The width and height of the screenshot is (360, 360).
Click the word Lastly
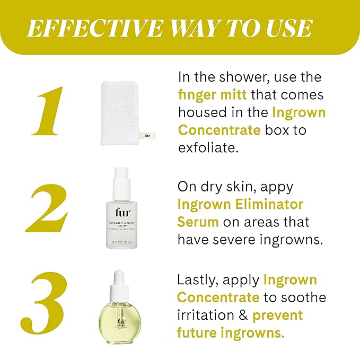(x=196, y=280)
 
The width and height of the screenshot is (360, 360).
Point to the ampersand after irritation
(x=241, y=315)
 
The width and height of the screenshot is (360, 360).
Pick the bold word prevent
(x=277, y=315)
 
